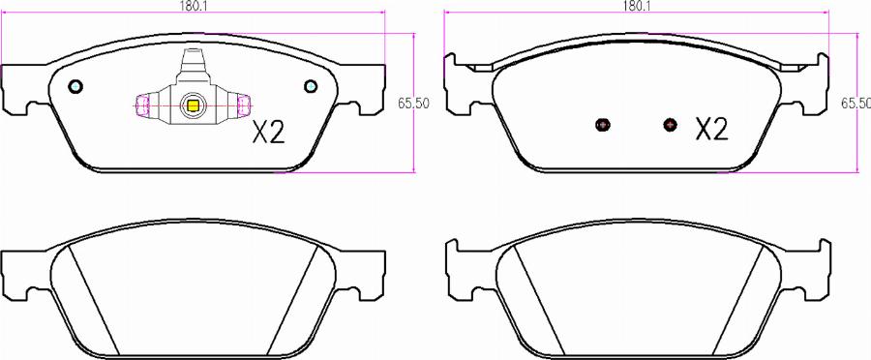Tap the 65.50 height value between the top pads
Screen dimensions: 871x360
413,104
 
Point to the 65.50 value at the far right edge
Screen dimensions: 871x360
856,104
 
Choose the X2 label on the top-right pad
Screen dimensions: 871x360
711,130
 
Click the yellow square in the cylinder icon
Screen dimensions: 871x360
193,105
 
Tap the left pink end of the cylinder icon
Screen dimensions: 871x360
142,105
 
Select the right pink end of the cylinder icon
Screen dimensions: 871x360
244,105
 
